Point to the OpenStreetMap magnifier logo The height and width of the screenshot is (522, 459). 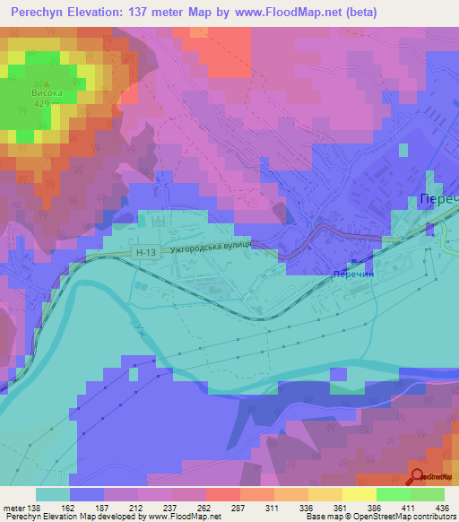418,477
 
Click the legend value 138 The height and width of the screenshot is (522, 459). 34,507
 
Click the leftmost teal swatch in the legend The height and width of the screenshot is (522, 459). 52,494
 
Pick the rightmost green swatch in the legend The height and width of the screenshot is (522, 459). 428,494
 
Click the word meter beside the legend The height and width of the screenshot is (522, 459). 13,507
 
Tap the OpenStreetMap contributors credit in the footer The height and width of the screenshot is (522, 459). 409,518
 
